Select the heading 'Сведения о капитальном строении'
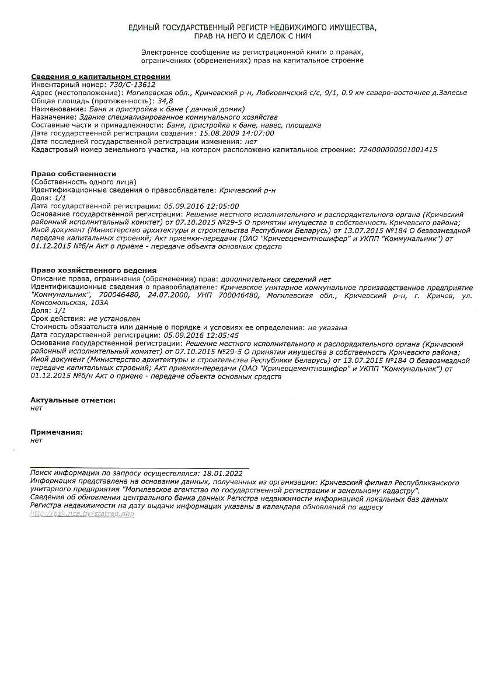100,76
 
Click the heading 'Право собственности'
74,174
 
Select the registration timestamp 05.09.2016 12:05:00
201,206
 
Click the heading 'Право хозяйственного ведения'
93,271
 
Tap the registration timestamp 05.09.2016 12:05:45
201,335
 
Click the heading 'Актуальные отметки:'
73,400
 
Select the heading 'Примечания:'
57,432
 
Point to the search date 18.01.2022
222,474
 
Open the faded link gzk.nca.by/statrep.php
82,514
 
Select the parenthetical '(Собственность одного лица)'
83,182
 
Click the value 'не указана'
327,327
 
